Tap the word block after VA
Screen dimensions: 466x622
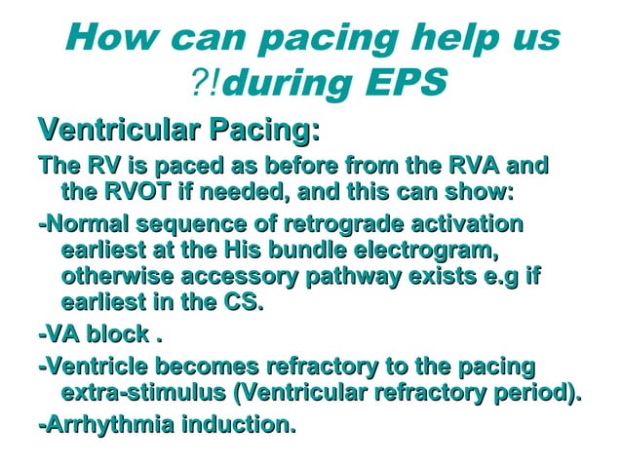click(x=113, y=337)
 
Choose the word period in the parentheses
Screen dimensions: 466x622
click(x=533, y=394)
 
